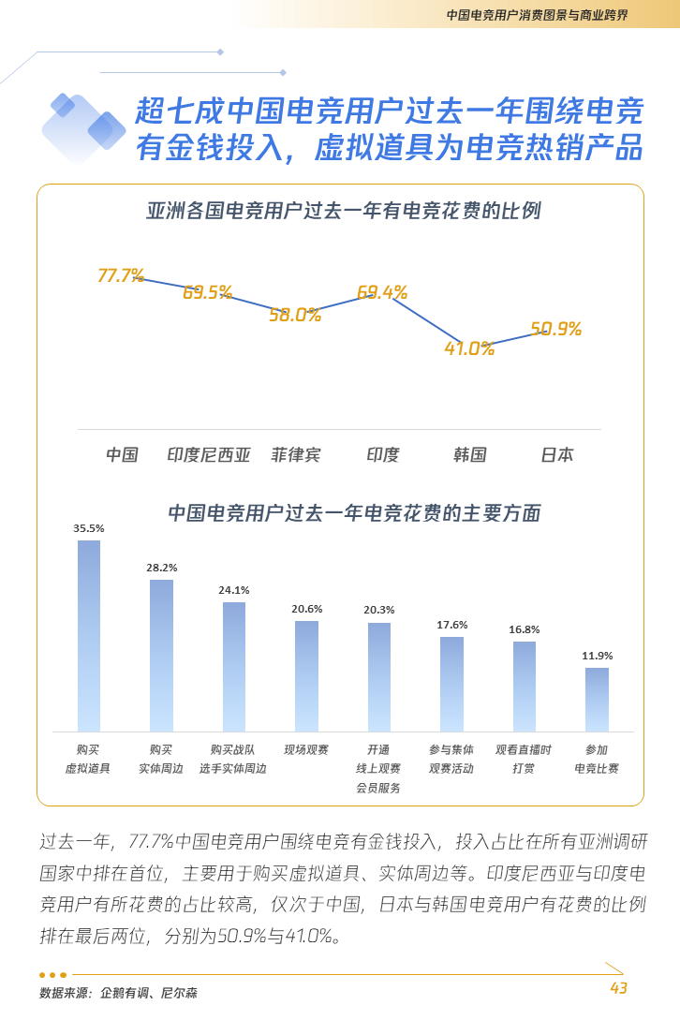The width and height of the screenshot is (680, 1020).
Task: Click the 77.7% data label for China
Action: pos(121,275)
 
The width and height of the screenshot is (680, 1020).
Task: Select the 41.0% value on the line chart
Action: pos(469,348)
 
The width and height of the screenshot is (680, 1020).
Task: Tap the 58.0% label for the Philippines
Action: pos(295,315)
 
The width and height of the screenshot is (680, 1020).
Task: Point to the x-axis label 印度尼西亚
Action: pos(209,455)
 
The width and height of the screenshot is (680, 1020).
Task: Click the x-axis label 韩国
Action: pos(469,455)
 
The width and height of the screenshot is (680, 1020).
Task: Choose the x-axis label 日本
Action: pos(557,455)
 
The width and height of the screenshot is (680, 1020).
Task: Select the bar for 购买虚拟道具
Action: pos(89,636)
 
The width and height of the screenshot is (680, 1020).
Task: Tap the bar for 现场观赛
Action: pos(306,675)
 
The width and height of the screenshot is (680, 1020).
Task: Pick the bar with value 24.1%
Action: pos(234,666)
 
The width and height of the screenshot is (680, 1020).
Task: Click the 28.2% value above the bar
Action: pos(161,568)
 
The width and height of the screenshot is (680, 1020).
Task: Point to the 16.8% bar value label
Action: pos(525,629)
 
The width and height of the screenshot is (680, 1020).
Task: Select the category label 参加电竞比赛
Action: pos(597,759)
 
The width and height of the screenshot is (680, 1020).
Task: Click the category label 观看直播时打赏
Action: pos(524,759)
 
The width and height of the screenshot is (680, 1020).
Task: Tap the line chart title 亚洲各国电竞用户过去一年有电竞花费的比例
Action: pos(344,210)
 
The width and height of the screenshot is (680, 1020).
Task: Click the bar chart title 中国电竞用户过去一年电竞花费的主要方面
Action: pos(354,513)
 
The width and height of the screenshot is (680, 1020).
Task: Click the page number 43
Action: pos(618,989)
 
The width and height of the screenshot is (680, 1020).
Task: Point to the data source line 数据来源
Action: pos(118,993)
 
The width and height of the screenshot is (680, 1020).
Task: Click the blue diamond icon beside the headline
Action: pos(84,126)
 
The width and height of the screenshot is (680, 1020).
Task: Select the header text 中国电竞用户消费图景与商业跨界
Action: pos(537,15)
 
